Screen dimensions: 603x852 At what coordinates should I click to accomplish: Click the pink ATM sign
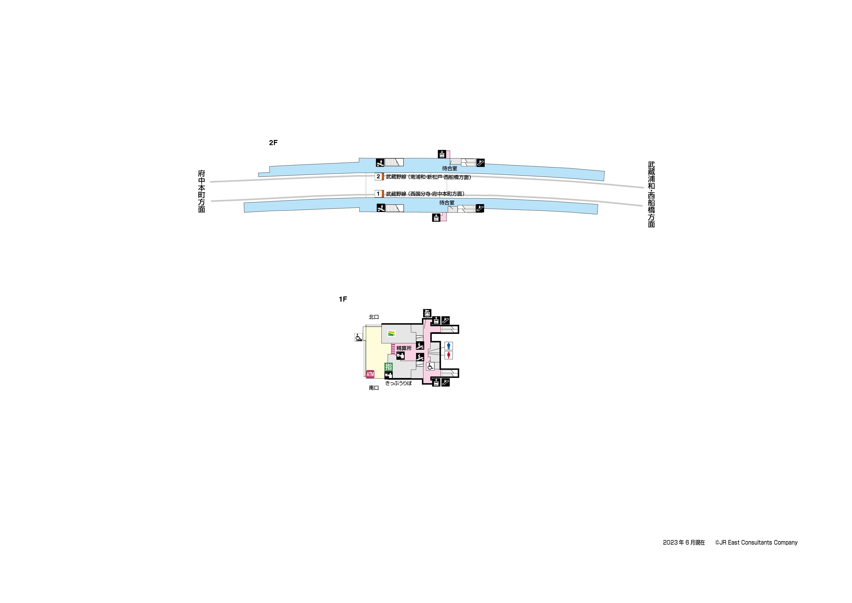coord(370,374)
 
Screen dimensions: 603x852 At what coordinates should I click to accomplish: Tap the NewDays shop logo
coord(391,333)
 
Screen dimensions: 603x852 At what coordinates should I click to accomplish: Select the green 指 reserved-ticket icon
coord(388,366)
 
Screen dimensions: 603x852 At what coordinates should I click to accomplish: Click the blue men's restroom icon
coord(449,346)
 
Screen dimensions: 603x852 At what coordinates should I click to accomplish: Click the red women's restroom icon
coord(449,355)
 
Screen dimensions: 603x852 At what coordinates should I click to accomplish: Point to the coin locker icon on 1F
coord(427,313)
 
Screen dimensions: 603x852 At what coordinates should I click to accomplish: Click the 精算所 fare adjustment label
coord(404,348)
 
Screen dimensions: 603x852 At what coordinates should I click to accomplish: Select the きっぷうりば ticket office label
coord(398,383)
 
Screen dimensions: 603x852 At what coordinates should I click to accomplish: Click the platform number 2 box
coord(378,177)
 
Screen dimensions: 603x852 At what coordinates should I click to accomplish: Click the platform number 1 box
coord(378,194)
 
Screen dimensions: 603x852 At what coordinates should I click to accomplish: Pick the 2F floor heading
coord(273,143)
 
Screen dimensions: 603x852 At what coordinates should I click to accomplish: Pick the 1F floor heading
coord(343,299)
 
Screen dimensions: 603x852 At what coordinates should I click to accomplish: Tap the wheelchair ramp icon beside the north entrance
coord(358,337)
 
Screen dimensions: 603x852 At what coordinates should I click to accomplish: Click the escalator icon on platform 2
coord(480,163)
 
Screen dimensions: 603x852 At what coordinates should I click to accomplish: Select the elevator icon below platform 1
coord(436,217)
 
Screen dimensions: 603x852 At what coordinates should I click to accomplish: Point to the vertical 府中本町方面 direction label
coord(201,191)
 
